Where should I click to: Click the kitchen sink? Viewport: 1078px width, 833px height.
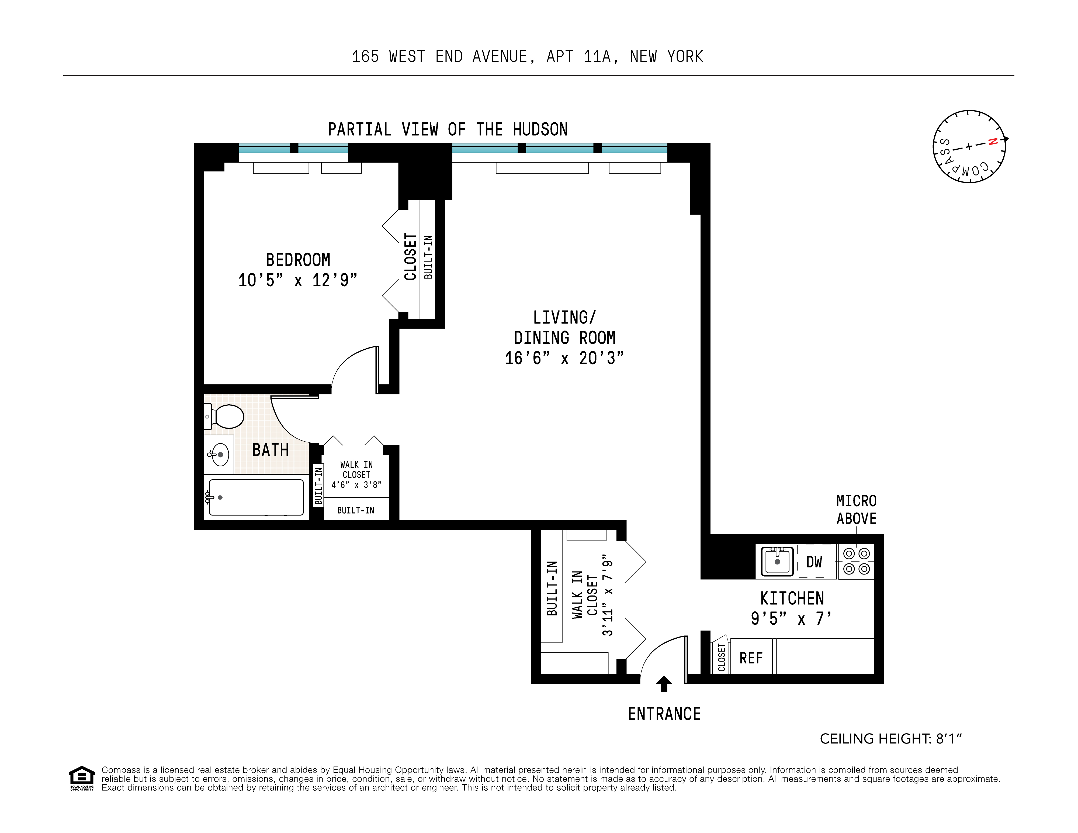click(x=777, y=562)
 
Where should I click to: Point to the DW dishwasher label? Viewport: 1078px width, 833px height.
click(x=814, y=562)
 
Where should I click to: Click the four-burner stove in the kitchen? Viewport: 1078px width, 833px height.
click(x=856, y=562)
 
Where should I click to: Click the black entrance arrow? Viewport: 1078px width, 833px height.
click(x=664, y=684)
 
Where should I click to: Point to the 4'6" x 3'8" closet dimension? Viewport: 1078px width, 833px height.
click(x=356, y=485)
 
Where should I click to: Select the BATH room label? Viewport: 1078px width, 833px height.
click(x=271, y=450)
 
